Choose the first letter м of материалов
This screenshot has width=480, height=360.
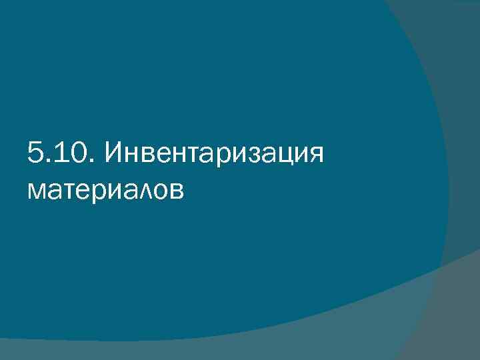click(38, 192)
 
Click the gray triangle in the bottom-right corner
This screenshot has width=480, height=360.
click(460, 320)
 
